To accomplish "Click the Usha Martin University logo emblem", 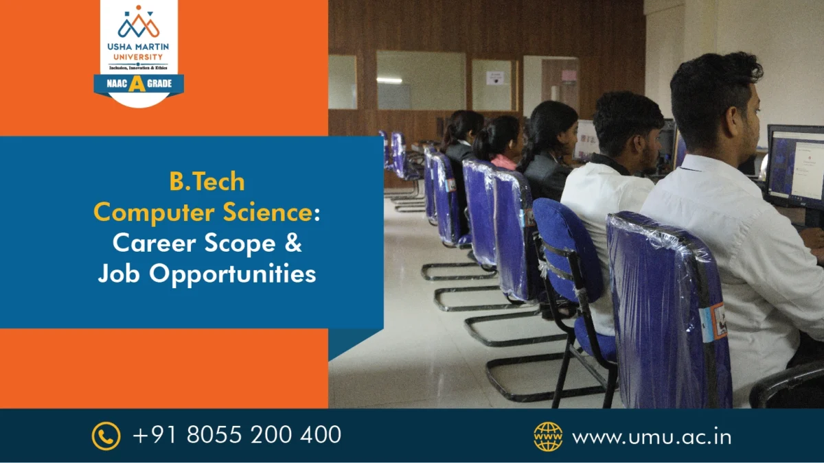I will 139,23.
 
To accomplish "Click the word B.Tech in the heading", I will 207,182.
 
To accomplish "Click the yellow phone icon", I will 106,436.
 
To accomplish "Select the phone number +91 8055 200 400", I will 236,435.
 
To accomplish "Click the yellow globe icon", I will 548,436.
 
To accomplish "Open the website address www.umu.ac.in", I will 651,436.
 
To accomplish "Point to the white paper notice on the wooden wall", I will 494,78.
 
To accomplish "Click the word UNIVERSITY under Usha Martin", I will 139,57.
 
